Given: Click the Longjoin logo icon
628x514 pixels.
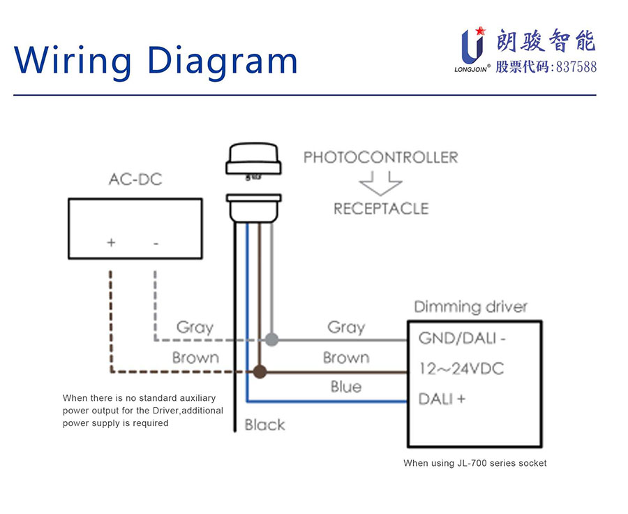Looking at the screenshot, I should coord(473,46).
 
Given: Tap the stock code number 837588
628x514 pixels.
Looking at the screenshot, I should coord(574,67).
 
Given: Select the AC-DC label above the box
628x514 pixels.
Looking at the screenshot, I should coord(135,179).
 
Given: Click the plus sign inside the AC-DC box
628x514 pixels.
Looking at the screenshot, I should coord(111,243).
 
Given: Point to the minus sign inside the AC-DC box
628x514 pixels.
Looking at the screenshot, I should coord(156,243).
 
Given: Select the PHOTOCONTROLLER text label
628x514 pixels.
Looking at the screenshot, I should coord(380,157).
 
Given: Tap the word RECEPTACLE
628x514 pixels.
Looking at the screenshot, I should coord(380,208).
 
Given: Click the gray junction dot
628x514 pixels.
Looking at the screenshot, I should coord(272,340).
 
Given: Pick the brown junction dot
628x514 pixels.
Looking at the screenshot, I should coord(260,372).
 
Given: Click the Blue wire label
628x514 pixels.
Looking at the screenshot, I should coord(346,387).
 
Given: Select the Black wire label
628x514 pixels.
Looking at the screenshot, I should coord(264,425).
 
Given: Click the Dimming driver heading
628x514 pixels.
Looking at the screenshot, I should coord(470,307).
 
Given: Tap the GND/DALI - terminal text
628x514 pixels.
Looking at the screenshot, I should coord(462,339).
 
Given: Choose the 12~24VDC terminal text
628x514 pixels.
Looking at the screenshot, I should coord(461,369).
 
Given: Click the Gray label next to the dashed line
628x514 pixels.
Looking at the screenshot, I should coord(195,327).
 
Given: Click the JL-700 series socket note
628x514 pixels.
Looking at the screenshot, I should coord(474,463).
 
